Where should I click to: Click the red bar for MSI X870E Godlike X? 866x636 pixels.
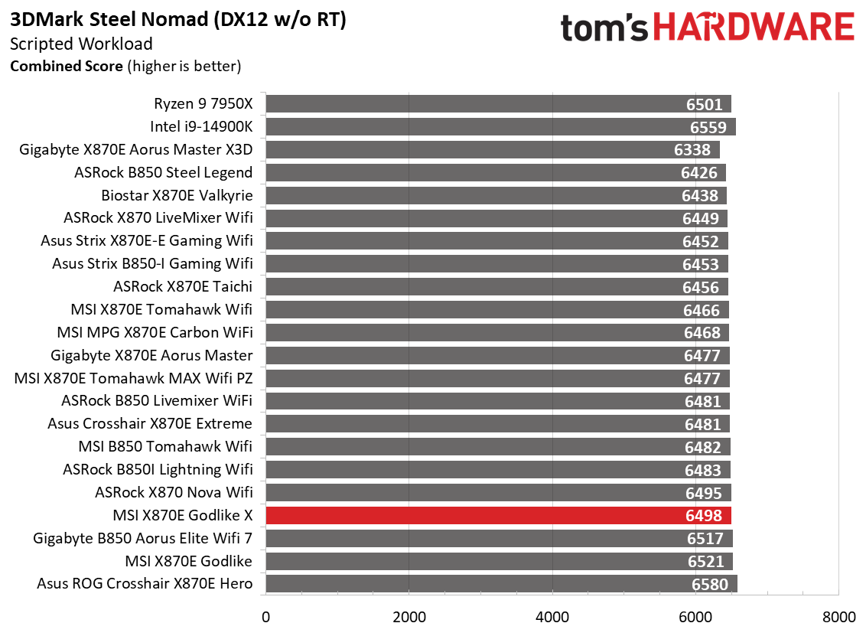(497, 515)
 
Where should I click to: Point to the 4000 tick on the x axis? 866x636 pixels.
(552, 617)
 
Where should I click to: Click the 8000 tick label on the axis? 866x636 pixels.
(838, 617)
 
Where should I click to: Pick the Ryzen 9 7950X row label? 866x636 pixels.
(203, 104)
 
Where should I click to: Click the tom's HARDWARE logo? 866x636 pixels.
(707, 29)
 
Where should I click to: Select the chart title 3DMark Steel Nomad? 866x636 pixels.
(178, 20)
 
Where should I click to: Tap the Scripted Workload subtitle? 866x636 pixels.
(81, 44)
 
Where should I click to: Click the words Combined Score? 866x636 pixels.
(66, 66)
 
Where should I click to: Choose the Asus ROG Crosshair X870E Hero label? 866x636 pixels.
(145, 584)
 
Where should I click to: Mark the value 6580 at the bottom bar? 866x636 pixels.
(711, 585)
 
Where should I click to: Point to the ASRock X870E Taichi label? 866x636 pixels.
(183, 287)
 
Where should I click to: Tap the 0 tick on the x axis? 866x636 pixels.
(265, 617)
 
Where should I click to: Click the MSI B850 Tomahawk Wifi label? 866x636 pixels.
(165, 446)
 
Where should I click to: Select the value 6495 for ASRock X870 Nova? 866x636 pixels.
(705, 493)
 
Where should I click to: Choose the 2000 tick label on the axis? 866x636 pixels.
(409, 617)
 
